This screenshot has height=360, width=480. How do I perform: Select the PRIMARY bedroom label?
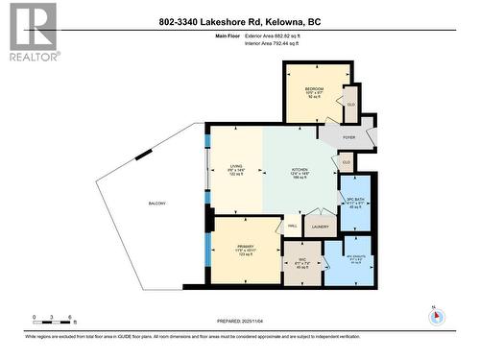pyautogui.click(x=246, y=248)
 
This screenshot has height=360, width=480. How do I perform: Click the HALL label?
pyautogui.click(x=292, y=227)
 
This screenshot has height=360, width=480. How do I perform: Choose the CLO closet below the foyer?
pyautogui.click(x=346, y=161)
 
